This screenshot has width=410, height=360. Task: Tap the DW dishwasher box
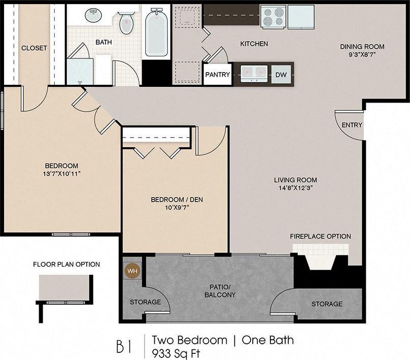[x=281, y=75]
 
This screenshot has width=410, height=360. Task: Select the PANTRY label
[x=218, y=75]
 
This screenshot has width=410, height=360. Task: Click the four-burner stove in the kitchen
[x=274, y=16]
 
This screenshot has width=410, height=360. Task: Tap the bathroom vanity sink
[x=92, y=15]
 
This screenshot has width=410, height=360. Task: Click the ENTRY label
[x=352, y=125]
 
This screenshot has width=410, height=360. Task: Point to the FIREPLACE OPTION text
[x=320, y=237]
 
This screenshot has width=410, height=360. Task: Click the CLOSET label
[x=34, y=48]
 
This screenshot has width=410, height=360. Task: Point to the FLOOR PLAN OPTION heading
[x=66, y=265]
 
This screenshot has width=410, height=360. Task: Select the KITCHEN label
[x=254, y=44]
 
